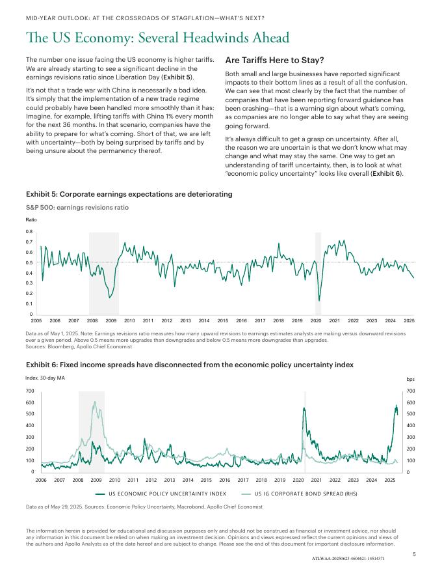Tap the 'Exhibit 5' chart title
[x=129, y=194]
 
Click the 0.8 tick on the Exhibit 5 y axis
[x=29, y=232]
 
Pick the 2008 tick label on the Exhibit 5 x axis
[x=92, y=321]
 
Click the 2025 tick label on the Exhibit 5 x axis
[x=409, y=321]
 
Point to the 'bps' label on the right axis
[x=410, y=378]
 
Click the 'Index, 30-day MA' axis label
[x=45, y=378]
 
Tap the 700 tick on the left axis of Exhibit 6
[x=30, y=391]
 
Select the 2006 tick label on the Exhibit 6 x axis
[x=41, y=480]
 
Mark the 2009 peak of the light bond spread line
[x=96, y=402]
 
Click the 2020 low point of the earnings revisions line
[x=319, y=301]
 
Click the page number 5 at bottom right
[x=414, y=554]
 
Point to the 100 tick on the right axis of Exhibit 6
[x=410, y=460]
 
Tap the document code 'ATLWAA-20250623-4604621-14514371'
[x=348, y=559]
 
